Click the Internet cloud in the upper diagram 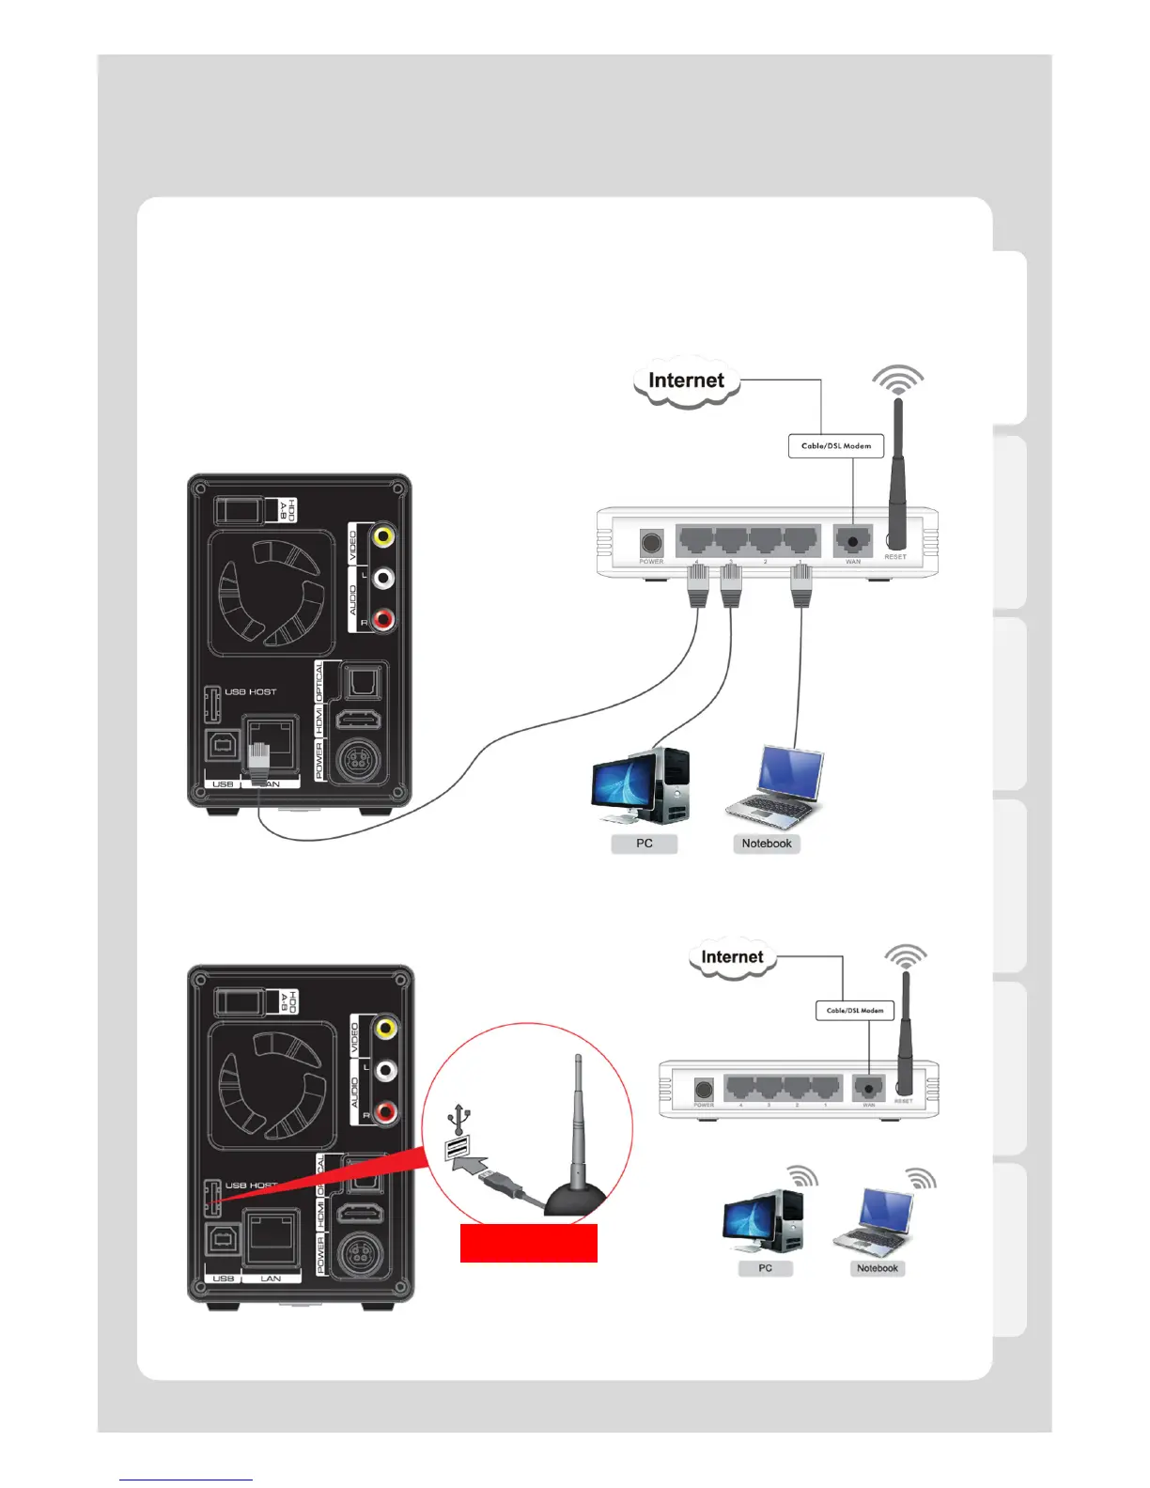point(687,381)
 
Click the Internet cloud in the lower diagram point(732,958)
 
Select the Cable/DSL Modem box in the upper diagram point(836,446)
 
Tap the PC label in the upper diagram point(644,844)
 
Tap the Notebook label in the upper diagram point(767,844)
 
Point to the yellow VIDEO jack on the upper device point(382,536)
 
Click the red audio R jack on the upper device point(382,619)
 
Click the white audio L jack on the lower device point(384,1070)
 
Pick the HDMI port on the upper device point(358,721)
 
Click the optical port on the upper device point(362,681)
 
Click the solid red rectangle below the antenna point(528,1243)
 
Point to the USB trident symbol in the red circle point(458,1119)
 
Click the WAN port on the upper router point(852,542)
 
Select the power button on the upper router point(651,543)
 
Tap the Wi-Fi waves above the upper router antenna point(897,380)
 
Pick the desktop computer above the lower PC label point(763,1221)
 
